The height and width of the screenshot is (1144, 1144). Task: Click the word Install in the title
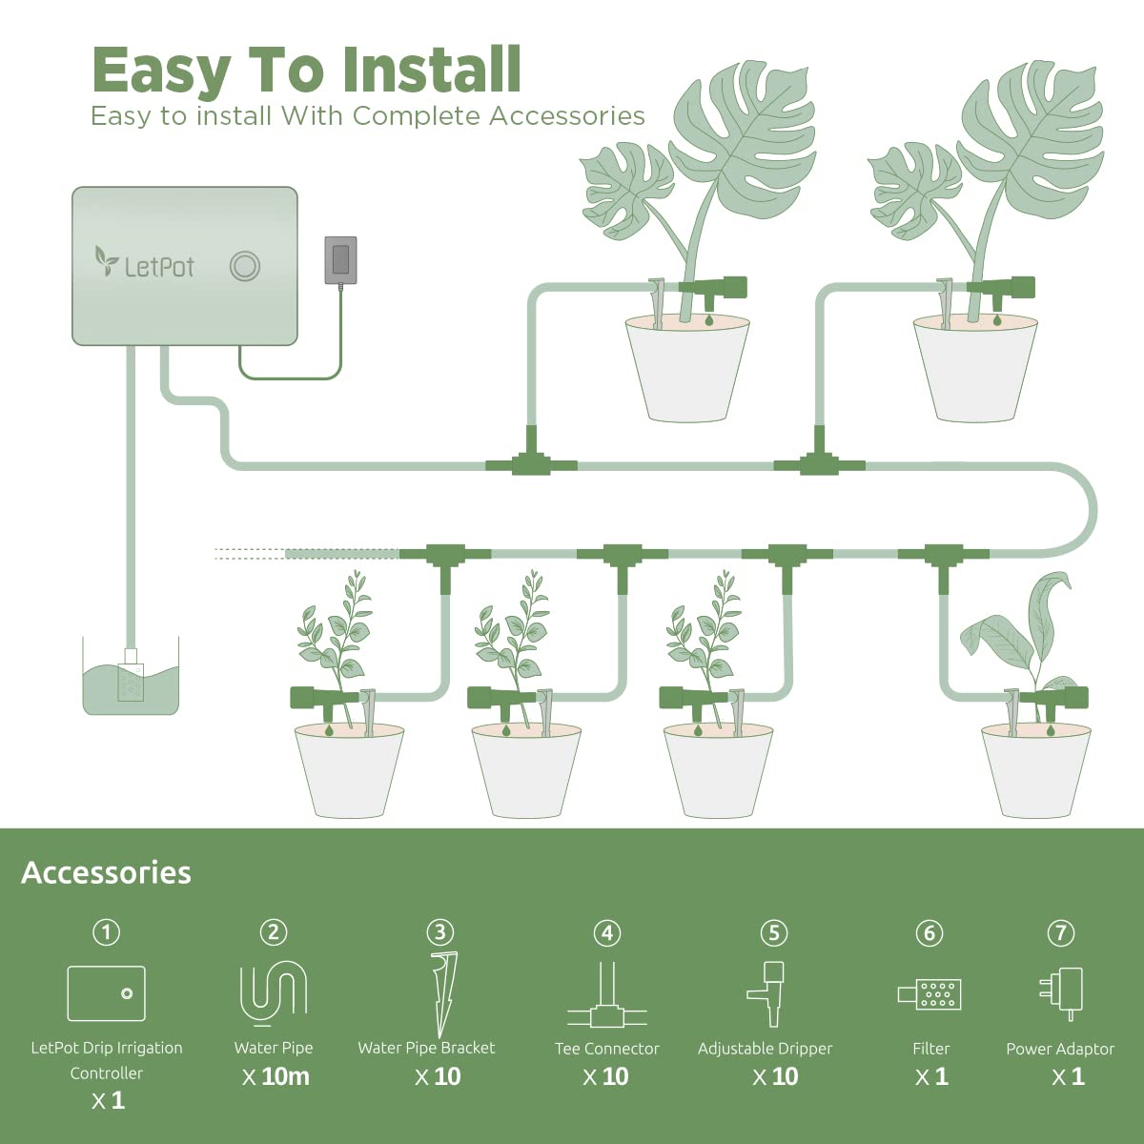(432, 71)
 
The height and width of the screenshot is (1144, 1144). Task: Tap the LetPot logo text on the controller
(158, 266)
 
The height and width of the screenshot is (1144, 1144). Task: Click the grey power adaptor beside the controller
(340, 260)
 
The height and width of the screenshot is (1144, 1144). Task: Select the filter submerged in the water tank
(130, 677)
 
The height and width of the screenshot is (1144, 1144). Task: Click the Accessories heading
(106, 872)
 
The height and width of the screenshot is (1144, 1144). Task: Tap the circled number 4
(607, 932)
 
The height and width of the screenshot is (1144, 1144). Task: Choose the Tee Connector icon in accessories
(607, 998)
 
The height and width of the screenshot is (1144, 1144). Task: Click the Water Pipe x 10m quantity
(275, 1076)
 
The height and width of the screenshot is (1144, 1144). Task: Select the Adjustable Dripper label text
(765, 1048)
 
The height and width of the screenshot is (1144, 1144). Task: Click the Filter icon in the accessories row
(930, 994)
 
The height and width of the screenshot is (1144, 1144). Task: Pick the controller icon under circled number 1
(107, 993)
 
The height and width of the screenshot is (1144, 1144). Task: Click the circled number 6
(929, 932)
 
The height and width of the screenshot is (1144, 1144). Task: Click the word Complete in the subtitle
(415, 116)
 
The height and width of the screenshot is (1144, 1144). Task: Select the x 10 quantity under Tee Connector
(606, 1076)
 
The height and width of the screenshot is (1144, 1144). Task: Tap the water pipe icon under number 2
(274, 991)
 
